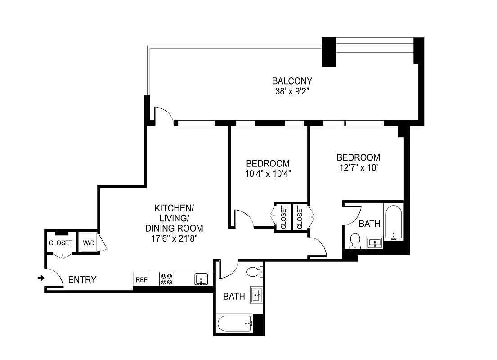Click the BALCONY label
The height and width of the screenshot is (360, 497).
tap(292, 81)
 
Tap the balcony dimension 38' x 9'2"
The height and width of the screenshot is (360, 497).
tap(292, 92)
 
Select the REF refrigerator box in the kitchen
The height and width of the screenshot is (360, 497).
tap(142, 279)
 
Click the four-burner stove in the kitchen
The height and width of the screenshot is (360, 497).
tap(166, 279)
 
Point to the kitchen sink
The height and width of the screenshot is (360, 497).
tap(201, 279)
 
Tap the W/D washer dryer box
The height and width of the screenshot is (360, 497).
tap(89, 243)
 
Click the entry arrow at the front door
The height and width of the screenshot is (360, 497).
tap(40, 279)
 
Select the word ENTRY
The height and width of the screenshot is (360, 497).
tap(82, 280)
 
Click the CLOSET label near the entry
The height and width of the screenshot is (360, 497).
tap(61, 243)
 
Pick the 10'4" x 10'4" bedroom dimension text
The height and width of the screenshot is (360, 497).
tap(268, 174)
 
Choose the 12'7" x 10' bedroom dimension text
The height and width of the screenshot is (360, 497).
tap(358, 168)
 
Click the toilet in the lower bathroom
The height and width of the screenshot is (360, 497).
tap(253, 271)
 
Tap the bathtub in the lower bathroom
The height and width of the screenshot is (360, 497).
tap(234, 322)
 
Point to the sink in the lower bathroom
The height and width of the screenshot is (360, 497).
tap(256, 296)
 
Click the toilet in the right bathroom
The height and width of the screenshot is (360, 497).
tap(355, 240)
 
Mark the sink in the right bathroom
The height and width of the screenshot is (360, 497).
tap(374, 243)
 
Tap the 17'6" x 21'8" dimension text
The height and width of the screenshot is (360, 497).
tap(175, 239)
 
